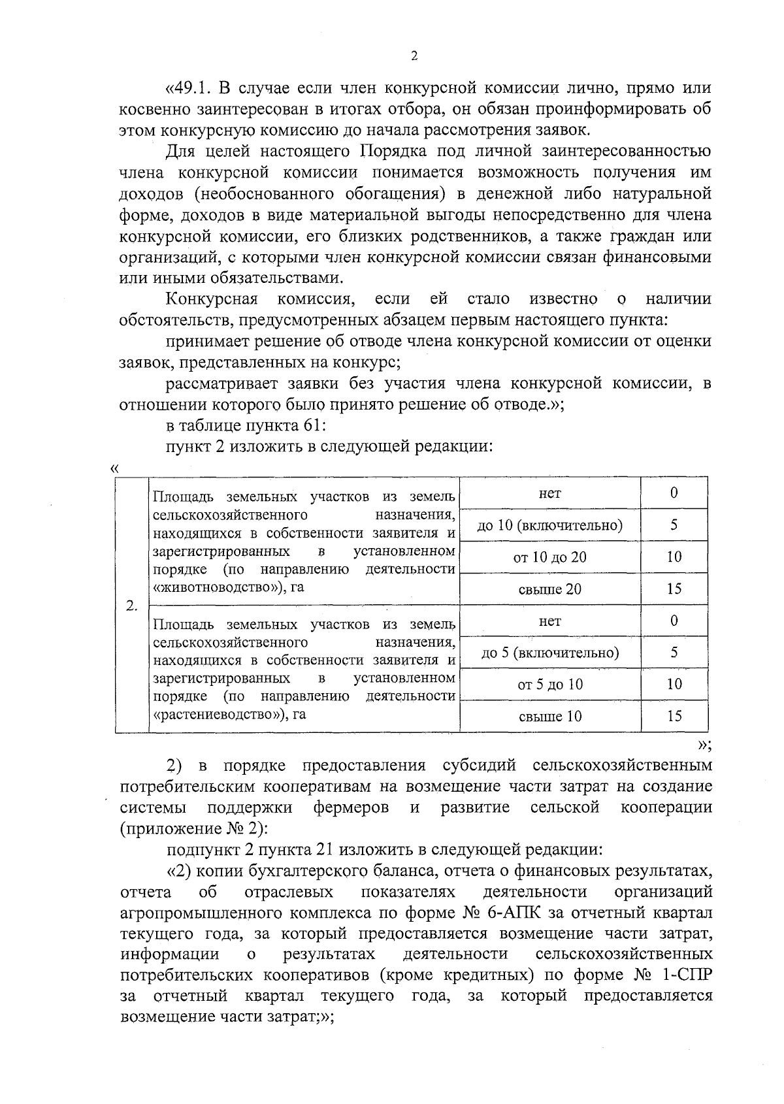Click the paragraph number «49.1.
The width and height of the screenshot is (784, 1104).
click(x=189, y=88)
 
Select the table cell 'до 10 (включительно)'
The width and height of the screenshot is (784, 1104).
click(x=549, y=525)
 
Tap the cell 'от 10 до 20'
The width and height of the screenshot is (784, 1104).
click(x=549, y=557)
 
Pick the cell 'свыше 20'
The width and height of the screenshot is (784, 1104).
click(x=549, y=589)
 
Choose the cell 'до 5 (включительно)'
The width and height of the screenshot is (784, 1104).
click(x=549, y=653)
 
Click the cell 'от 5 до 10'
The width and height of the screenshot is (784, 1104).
click(x=549, y=685)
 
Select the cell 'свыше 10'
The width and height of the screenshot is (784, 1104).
click(x=549, y=717)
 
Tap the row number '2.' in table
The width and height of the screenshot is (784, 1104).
click(x=131, y=606)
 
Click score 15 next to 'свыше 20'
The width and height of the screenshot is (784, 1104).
click(x=674, y=589)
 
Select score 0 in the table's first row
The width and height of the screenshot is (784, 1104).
click(x=674, y=493)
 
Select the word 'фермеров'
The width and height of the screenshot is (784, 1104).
click(x=351, y=807)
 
